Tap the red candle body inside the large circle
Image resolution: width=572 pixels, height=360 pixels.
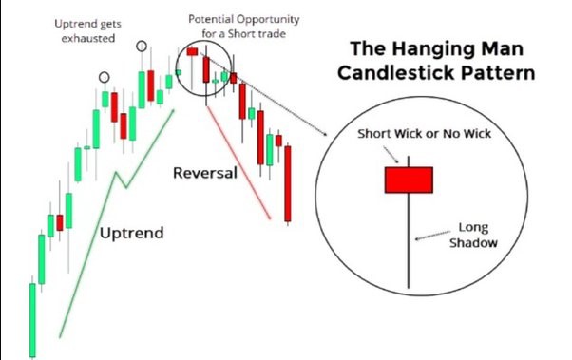point(409,179)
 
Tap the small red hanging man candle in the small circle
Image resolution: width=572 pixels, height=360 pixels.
point(193,52)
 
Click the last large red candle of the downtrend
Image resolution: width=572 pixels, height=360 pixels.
point(288,180)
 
